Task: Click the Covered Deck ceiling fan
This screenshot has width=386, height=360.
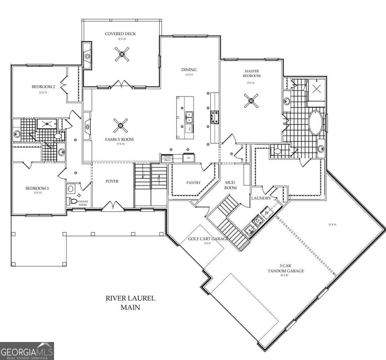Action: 122,54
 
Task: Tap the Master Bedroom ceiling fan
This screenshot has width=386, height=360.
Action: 251,101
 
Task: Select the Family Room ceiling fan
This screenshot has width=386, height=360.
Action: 120,126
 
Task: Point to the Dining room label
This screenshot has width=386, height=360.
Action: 189,70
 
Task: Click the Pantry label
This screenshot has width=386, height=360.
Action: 193,183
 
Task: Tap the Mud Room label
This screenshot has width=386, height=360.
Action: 230,185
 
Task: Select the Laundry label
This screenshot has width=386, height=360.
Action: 261,198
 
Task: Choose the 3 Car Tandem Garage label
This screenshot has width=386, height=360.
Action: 286,268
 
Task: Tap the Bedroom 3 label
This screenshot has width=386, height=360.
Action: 37,188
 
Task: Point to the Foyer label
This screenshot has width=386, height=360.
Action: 112,181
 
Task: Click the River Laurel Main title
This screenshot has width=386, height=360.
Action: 130,302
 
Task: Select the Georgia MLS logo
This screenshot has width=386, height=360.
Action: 27,351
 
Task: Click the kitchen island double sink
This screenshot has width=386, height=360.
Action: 189,117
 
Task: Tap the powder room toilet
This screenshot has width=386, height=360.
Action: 73,201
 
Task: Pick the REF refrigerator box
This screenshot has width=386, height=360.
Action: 188,158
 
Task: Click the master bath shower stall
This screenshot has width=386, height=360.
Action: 316,89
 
